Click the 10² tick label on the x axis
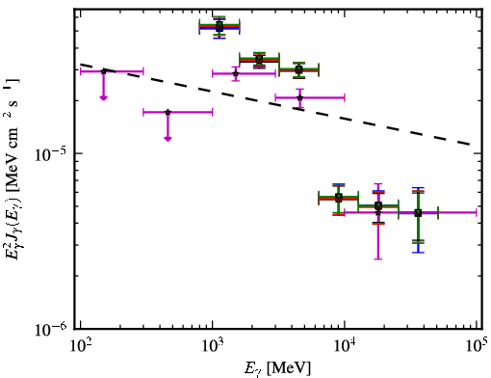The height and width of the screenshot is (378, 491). click(80, 347)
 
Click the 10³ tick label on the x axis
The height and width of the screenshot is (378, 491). click(213, 347)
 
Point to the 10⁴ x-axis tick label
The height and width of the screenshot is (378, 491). click(345, 347)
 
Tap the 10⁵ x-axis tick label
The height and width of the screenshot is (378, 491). click(477, 347)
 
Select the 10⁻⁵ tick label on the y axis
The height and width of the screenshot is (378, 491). click(50, 155)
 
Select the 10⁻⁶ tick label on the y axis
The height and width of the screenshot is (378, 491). click(50, 329)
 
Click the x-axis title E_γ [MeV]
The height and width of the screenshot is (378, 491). click(277, 368)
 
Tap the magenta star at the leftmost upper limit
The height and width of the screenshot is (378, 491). click(104, 71)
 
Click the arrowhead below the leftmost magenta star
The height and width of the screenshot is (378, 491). click(103, 97)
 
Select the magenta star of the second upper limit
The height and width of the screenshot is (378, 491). click(168, 112)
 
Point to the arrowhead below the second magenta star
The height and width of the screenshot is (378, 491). click(168, 139)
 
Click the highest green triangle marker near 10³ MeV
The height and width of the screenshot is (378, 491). click(220, 25)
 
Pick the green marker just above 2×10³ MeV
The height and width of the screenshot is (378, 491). click(259, 60)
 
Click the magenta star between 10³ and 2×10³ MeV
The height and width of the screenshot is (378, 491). click(236, 73)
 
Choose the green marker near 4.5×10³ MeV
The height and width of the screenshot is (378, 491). click(299, 69)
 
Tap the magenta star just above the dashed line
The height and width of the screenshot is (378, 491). click(300, 97)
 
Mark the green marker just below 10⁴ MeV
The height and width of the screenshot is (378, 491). click(339, 198)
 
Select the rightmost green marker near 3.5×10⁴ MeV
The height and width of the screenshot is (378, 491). click(418, 213)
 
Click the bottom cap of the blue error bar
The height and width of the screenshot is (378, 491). click(418, 253)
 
